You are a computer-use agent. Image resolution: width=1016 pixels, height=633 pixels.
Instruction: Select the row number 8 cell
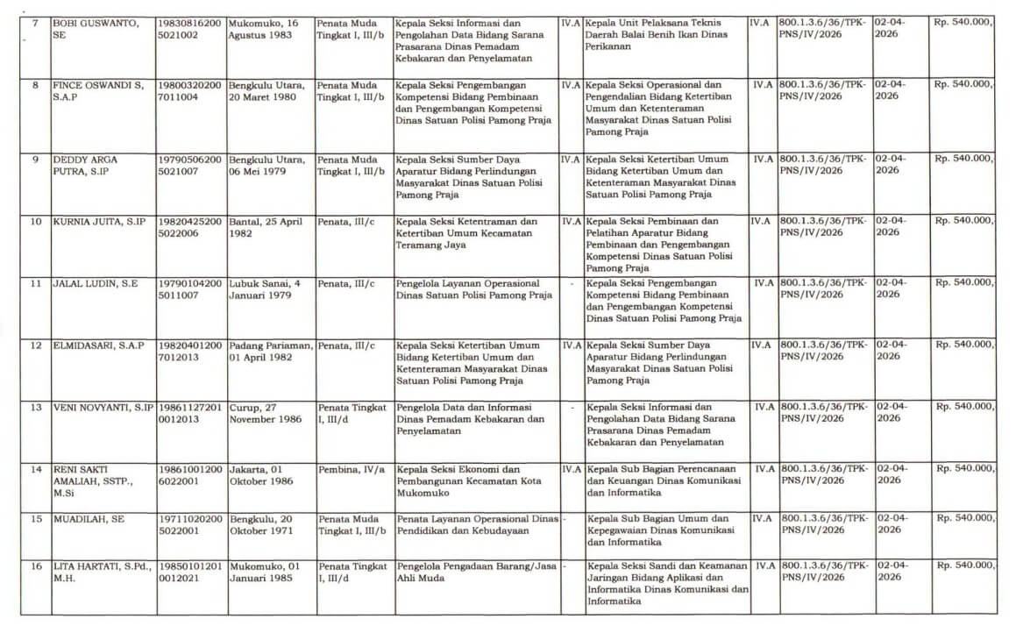click(36, 85)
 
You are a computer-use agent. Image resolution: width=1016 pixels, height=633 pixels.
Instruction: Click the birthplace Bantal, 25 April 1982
click(266, 227)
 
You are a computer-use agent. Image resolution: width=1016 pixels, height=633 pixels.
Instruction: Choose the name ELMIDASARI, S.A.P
click(98, 345)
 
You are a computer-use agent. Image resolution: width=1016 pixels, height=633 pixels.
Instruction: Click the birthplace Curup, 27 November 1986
click(266, 413)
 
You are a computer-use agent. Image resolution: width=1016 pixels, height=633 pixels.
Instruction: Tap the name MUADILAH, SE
click(89, 519)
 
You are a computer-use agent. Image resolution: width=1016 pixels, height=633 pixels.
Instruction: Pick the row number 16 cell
click(36, 567)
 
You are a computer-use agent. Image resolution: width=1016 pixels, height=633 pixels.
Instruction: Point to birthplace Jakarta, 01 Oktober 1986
click(261, 474)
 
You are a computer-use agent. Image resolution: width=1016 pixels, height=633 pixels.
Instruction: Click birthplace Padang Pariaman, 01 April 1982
click(271, 351)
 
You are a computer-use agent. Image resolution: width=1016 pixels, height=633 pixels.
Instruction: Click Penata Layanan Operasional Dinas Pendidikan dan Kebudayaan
click(477, 524)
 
